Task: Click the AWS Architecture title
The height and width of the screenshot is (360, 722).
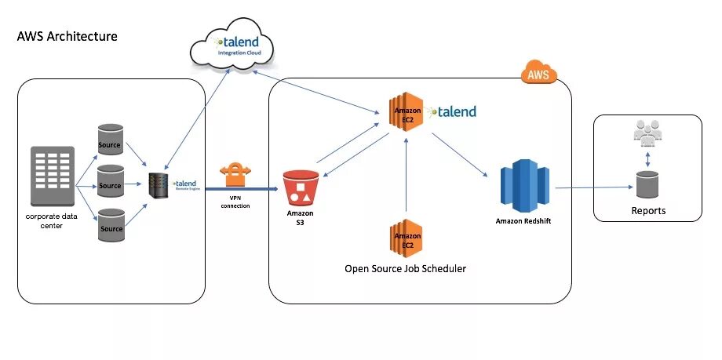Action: click(x=67, y=36)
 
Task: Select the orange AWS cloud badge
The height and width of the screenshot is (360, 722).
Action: click(x=539, y=75)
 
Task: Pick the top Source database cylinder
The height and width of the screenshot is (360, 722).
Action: click(x=111, y=140)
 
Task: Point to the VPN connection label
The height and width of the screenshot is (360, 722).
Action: click(x=234, y=202)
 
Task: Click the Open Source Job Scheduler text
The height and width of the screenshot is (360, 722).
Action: click(x=405, y=269)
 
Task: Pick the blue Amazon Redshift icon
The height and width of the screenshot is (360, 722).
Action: click(x=523, y=186)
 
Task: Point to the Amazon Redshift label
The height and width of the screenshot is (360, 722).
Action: click(x=523, y=221)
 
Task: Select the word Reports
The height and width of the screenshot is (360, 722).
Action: click(x=648, y=211)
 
